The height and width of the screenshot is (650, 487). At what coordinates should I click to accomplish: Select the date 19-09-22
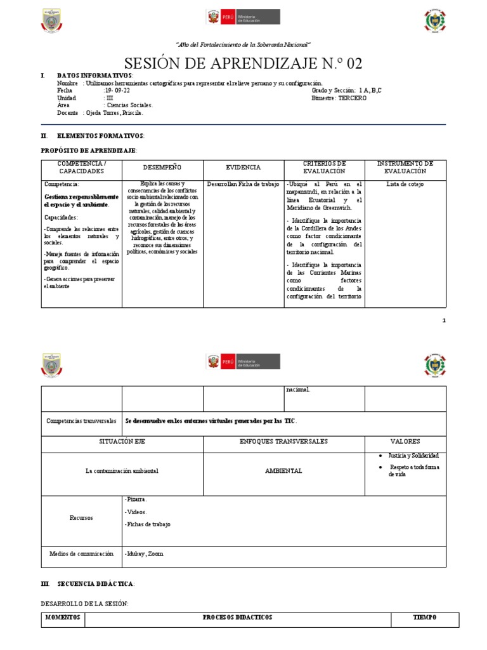click(117, 91)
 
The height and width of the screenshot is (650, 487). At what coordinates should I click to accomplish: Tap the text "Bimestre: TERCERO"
click(339, 98)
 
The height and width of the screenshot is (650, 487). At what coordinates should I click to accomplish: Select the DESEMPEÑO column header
click(162, 167)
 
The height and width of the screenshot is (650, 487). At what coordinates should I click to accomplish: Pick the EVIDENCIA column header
click(243, 167)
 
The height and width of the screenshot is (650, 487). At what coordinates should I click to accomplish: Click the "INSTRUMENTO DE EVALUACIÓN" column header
click(405, 167)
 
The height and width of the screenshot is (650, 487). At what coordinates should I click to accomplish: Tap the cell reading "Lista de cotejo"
click(405, 185)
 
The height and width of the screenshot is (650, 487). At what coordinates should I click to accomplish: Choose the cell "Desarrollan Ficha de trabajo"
click(243, 185)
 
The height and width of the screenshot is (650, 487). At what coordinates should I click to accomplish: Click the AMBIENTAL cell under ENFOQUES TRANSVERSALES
click(283, 471)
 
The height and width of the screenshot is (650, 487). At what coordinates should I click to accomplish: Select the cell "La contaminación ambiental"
click(122, 471)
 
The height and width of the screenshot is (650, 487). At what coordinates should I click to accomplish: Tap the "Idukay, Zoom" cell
click(145, 554)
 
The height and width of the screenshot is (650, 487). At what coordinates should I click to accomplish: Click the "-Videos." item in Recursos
click(136, 512)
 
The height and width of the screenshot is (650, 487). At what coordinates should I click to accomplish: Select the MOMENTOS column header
click(63, 617)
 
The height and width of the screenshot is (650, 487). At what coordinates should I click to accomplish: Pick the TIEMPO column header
click(425, 617)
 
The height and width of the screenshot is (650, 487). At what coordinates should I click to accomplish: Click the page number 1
click(444, 321)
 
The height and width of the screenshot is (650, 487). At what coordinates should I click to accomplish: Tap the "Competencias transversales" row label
click(81, 421)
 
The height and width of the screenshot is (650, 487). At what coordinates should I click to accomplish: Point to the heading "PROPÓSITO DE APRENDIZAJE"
click(89, 150)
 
